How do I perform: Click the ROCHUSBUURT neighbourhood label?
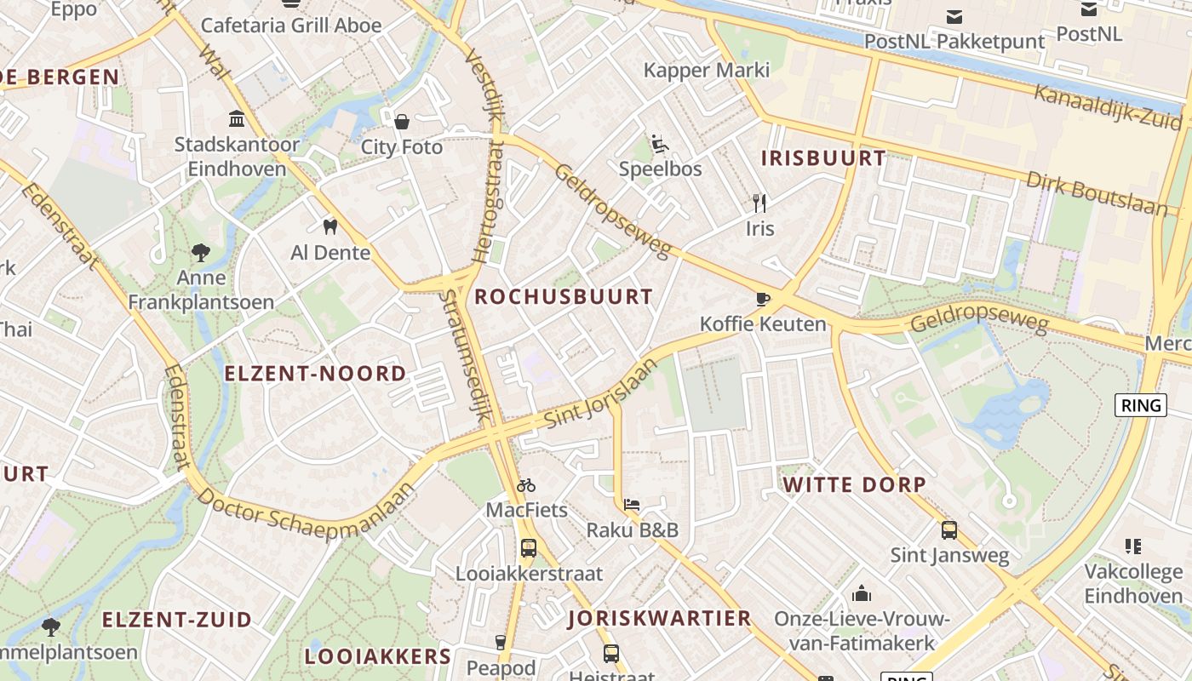pyautogui.click(x=564, y=297)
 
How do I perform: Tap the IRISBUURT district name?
pyautogui.click(x=822, y=158)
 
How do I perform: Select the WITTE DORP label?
pyautogui.click(x=854, y=485)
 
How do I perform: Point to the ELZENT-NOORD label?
pyautogui.click(x=315, y=374)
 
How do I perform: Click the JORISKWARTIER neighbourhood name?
pyautogui.click(x=660, y=619)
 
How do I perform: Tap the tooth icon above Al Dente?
pyautogui.click(x=330, y=227)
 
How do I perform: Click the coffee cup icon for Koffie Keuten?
pyautogui.click(x=763, y=299)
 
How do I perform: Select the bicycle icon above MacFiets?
pyautogui.click(x=526, y=485)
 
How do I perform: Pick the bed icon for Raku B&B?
pyautogui.click(x=632, y=505)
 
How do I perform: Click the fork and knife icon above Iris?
pyautogui.click(x=759, y=203)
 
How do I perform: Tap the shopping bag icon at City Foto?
pyautogui.click(x=402, y=122)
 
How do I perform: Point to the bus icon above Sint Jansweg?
pyautogui.click(x=949, y=530)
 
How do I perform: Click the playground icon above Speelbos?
pyautogui.click(x=660, y=143)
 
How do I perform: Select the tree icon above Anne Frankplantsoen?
pyautogui.click(x=201, y=252)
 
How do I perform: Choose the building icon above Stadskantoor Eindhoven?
pyautogui.click(x=237, y=118)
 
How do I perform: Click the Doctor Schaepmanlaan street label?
pyautogui.click(x=308, y=508)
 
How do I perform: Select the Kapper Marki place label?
pyautogui.click(x=706, y=70)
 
